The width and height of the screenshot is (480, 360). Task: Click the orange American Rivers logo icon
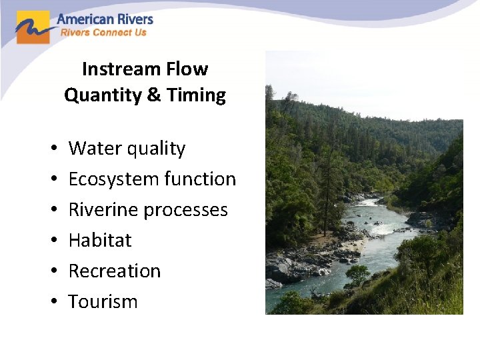point(33,27)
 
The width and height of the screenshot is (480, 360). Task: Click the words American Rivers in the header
point(105,19)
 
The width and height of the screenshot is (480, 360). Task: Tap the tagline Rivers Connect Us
point(103,33)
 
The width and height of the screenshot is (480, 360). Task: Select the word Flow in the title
point(192,69)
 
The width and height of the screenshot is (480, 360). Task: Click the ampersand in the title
point(153,95)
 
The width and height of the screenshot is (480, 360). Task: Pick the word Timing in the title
point(196,95)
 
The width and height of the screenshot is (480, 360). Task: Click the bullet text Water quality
point(127,149)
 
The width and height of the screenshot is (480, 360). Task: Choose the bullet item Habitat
point(100,241)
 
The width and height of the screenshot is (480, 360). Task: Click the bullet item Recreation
point(115,271)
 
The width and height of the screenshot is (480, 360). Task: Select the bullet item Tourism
point(103,302)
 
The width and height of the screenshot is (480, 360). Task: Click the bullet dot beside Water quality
point(51,149)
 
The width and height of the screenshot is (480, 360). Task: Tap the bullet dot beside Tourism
point(51,303)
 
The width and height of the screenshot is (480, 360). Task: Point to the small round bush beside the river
point(358,274)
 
